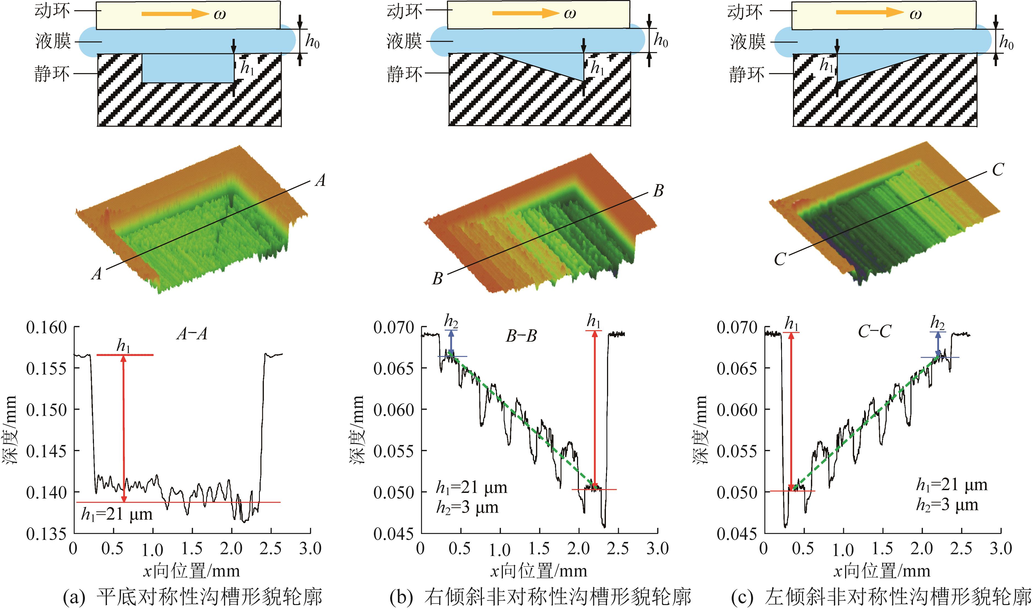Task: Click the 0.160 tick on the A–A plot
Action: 46,328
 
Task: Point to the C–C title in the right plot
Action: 874,331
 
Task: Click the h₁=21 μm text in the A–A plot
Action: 117,514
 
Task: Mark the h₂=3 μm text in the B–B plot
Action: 467,508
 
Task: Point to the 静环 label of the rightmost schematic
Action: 747,74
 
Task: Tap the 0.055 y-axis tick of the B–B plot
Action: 393,451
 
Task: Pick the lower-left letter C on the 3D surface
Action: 780,259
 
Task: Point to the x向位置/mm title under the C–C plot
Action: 881,571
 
